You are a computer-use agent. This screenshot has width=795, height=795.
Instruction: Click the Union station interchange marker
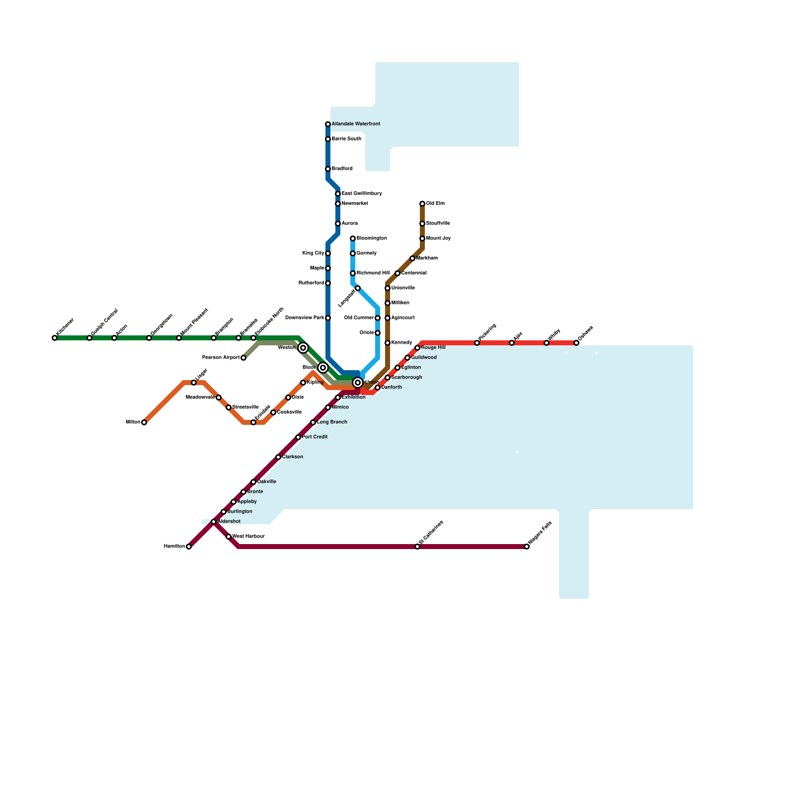(358, 383)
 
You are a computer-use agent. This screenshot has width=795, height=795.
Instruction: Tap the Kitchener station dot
(55, 338)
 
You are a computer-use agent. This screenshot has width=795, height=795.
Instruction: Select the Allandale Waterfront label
(356, 124)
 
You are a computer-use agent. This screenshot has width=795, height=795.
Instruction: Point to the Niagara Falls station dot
(527, 547)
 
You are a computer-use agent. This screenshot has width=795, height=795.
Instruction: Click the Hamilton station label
(174, 547)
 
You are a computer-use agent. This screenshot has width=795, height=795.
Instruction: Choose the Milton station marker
(144, 422)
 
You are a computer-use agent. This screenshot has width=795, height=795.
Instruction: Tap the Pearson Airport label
(221, 358)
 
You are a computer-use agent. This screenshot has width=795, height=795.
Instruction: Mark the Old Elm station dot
(422, 204)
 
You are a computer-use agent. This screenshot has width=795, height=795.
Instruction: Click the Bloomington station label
(372, 238)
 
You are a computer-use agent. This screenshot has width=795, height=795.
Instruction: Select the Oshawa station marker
(576, 343)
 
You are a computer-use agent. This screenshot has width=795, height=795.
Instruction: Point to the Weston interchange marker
(303, 348)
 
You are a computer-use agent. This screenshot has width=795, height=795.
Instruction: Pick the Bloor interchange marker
(323, 368)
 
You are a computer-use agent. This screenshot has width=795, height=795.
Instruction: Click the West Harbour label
(248, 537)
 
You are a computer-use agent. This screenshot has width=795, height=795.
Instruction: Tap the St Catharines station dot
(417, 547)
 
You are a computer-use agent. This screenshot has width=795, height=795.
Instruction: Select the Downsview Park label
(305, 318)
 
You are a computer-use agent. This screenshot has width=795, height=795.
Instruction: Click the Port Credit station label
(315, 437)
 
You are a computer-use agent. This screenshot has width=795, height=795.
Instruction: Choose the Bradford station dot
(328, 169)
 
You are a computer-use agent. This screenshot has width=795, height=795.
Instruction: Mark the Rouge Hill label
(433, 348)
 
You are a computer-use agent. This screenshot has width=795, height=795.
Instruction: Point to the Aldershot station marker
(214, 522)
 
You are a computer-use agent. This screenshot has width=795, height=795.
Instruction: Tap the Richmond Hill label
(373, 273)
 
